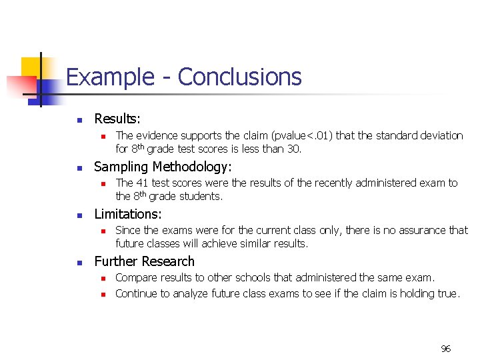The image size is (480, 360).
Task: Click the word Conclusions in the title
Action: [x=239, y=77]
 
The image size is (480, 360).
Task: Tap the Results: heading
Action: [x=117, y=119]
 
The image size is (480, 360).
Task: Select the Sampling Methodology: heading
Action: [x=163, y=167]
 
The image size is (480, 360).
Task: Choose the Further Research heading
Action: [x=144, y=261]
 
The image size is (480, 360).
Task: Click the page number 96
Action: [x=446, y=348]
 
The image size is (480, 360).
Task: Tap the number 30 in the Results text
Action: [x=292, y=149]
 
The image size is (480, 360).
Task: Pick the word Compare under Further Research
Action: [x=137, y=277]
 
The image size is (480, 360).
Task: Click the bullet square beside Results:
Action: [x=79, y=121]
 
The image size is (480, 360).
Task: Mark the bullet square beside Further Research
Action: [x=79, y=263]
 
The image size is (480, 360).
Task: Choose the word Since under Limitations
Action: [x=128, y=231]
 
